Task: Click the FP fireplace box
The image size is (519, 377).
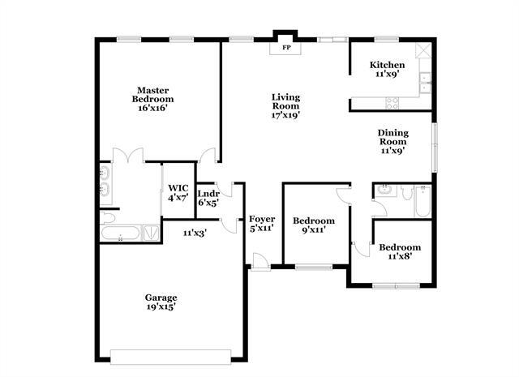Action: click(x=285, y=48)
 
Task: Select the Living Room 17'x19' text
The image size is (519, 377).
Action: click(x=285, y=105)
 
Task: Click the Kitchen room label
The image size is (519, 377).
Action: click(x=387, y=69)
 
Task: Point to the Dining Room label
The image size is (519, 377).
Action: click(x=393, y=141)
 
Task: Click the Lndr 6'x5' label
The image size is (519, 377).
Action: click(x=208, y=197)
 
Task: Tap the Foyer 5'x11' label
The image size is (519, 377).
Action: click(x=262, y=225)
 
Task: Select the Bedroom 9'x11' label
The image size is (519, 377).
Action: click(x=314, y=225)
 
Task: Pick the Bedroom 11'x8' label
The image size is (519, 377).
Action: click(x=401, y=251)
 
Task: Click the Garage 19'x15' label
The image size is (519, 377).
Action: click(x=161, y=302)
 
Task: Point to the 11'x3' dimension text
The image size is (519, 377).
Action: click(x=195, y=233)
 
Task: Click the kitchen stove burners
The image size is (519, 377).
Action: click(x=392, y=103)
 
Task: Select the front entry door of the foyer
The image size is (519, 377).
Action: click(x=259, y=261)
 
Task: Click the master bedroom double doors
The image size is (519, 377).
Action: click(x=128, y=156)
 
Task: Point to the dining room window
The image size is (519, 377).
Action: click(x=434, y=146)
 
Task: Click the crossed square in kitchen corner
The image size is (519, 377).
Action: click(x=422, y=50)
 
